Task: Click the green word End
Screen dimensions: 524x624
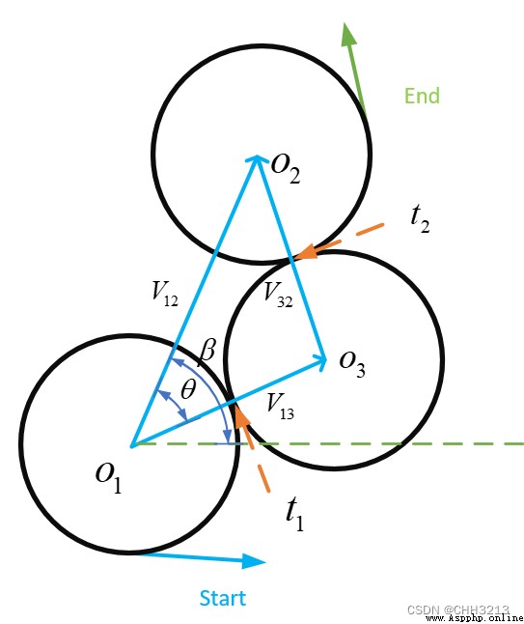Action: click(422, 96)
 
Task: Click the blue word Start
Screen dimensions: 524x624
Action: click(223, 598)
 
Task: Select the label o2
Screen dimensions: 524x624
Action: click(286, 168)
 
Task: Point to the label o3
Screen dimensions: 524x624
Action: click(352, 363)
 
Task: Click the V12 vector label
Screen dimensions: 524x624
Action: click(165, 294)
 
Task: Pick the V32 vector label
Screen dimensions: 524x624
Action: click(278, 295)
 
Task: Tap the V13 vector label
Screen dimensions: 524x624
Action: click(281, 407)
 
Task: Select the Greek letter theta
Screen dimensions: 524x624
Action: click(188, 389)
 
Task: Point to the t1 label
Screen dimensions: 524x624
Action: click(295, 514)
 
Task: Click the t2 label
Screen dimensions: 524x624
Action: click(420, 219)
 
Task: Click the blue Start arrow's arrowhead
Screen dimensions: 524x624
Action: click(254, 561)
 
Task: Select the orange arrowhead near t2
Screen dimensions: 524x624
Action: click(306, 252)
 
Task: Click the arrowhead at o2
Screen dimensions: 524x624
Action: click(258, 158)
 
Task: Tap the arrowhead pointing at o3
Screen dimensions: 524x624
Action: click(320, 359)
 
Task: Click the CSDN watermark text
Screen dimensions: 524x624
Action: click(458, 610)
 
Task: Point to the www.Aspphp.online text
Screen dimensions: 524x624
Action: click(475, 618)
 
